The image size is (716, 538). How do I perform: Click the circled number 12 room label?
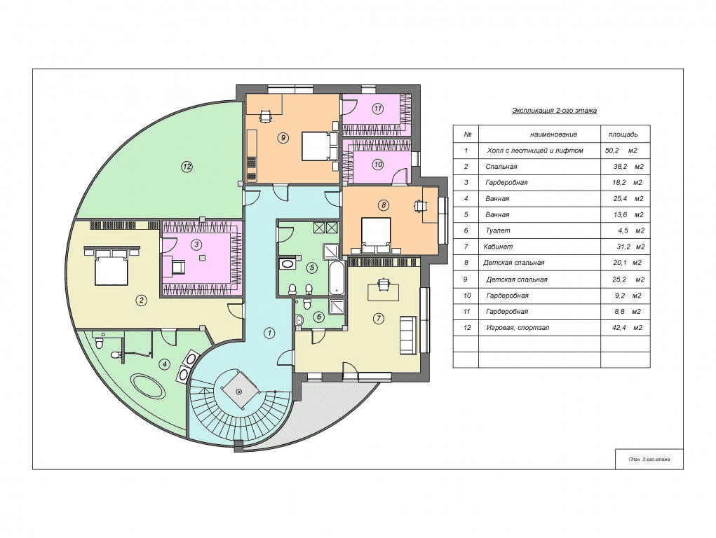187,167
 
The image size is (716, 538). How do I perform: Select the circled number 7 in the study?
378,319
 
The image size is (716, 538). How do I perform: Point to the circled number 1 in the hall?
269,333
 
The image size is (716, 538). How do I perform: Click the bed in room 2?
112,268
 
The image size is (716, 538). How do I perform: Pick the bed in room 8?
377,233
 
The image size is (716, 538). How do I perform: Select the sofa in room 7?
408,334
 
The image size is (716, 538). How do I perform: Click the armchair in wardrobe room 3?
178,266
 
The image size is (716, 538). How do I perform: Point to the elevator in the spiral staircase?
238,391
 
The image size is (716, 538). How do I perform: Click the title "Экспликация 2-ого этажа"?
554,111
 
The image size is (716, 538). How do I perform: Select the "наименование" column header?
553,134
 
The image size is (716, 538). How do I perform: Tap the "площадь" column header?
623,134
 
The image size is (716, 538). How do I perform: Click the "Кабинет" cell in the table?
498,247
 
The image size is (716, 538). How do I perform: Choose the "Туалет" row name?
498,230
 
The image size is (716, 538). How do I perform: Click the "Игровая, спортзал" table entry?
518,328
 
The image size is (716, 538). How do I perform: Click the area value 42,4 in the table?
619,328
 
